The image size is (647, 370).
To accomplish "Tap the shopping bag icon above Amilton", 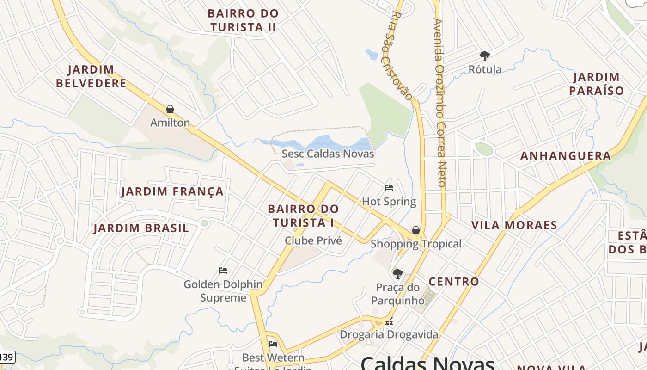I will (x=170, y=109).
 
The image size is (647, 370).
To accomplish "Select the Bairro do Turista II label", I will (x=243, y=20).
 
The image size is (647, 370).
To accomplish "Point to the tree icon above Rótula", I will (x=484, y=56).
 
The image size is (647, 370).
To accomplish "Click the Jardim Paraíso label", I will (x=596, y=84).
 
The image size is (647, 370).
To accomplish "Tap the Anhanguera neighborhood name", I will (x=566, y=156).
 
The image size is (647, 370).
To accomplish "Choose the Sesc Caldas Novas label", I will (x=328, y=154).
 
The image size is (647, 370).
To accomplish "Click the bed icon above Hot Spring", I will (x=389, y=188).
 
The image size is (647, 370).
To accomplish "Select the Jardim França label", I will (x=172, y=191).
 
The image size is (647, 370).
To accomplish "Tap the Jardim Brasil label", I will (x=141, y=228).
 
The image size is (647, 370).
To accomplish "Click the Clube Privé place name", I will (x=313, y=240).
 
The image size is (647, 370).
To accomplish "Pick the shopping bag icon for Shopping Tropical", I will (x=416, y=230).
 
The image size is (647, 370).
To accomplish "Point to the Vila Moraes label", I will (x=514, y=225).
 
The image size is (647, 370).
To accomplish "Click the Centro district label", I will (x=454, y=282).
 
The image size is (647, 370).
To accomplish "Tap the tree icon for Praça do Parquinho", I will (x=397, y=273).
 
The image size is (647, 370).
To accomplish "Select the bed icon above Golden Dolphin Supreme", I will (x=223, y=271).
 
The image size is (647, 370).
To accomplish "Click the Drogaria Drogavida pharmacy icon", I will (x=389, y=321).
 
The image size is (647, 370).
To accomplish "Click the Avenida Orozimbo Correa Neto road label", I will (x=440, y=102).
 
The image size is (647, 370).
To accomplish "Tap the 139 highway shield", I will (x=6, y=357).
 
